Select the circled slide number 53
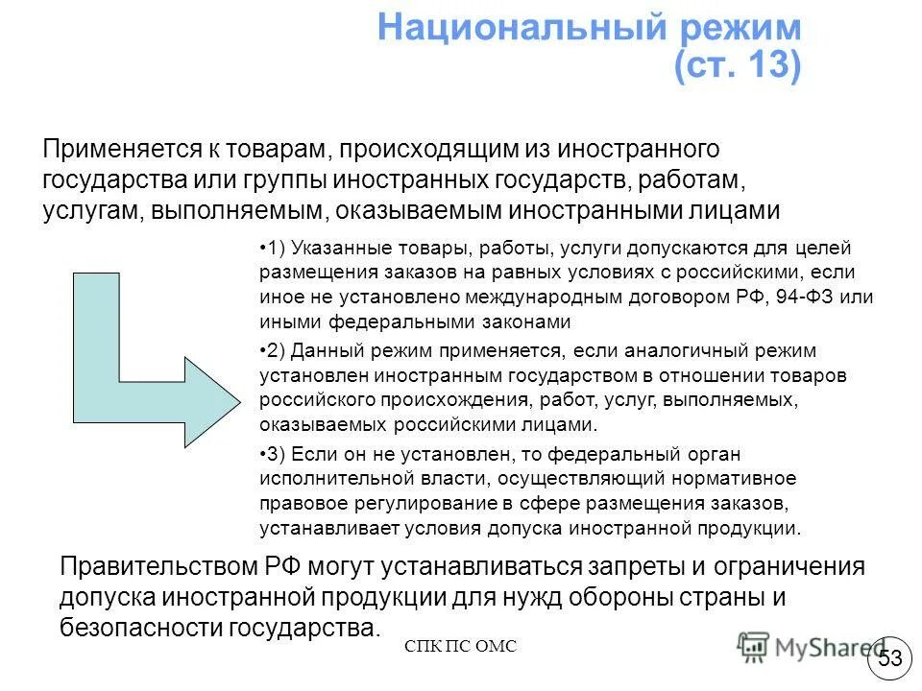click(890, 658)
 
